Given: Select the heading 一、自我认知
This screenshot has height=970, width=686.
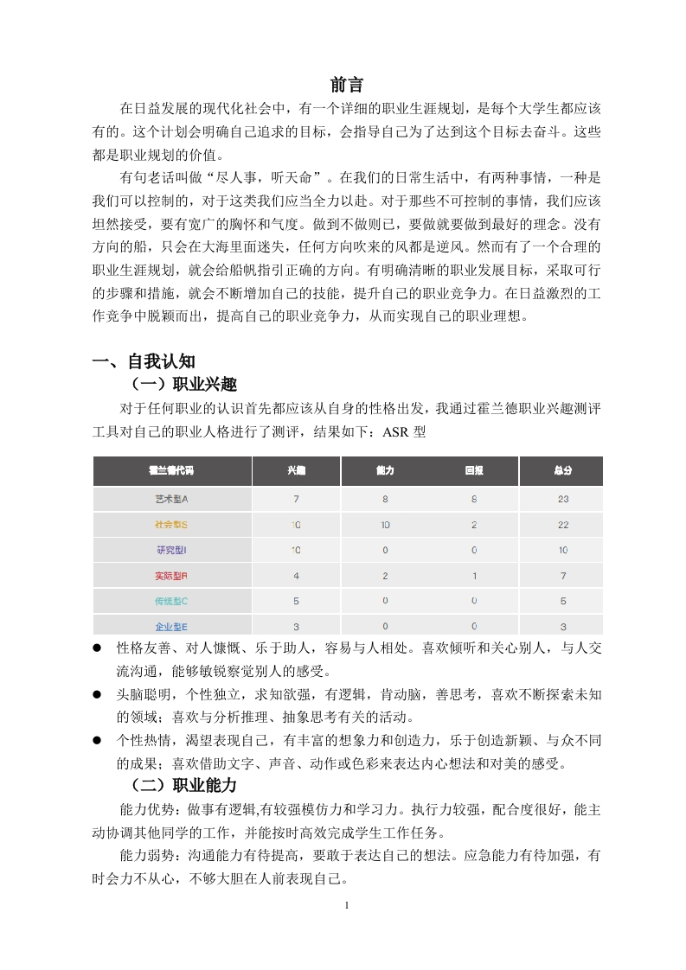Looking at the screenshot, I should [150, 361].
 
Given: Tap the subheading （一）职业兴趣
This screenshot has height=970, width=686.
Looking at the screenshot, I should [183, 384].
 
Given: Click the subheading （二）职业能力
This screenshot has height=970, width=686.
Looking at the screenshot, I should [183, 785].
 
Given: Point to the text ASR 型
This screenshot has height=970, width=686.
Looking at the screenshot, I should [404, 430].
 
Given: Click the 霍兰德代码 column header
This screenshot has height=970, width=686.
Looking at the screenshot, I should [172, 471].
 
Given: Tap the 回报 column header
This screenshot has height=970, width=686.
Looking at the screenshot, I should [474, 471].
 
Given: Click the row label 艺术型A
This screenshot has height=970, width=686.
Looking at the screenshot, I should [172, 499].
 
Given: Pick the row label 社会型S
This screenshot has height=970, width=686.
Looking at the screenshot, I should [172, 525].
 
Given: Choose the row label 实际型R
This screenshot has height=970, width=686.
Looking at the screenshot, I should [172, 575].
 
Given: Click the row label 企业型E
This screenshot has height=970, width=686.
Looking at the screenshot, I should [172, 626].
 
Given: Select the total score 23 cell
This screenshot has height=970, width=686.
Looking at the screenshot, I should [563, 499].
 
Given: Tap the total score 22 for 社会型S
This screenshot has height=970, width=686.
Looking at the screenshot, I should [563, 525].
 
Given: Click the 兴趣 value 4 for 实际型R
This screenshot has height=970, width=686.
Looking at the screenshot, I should [297, 575].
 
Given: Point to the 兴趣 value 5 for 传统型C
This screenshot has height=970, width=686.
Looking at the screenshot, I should [297, 601].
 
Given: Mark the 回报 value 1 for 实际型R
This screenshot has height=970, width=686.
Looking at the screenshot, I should [474, 575].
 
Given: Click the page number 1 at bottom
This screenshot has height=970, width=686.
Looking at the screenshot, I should [346, 906].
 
